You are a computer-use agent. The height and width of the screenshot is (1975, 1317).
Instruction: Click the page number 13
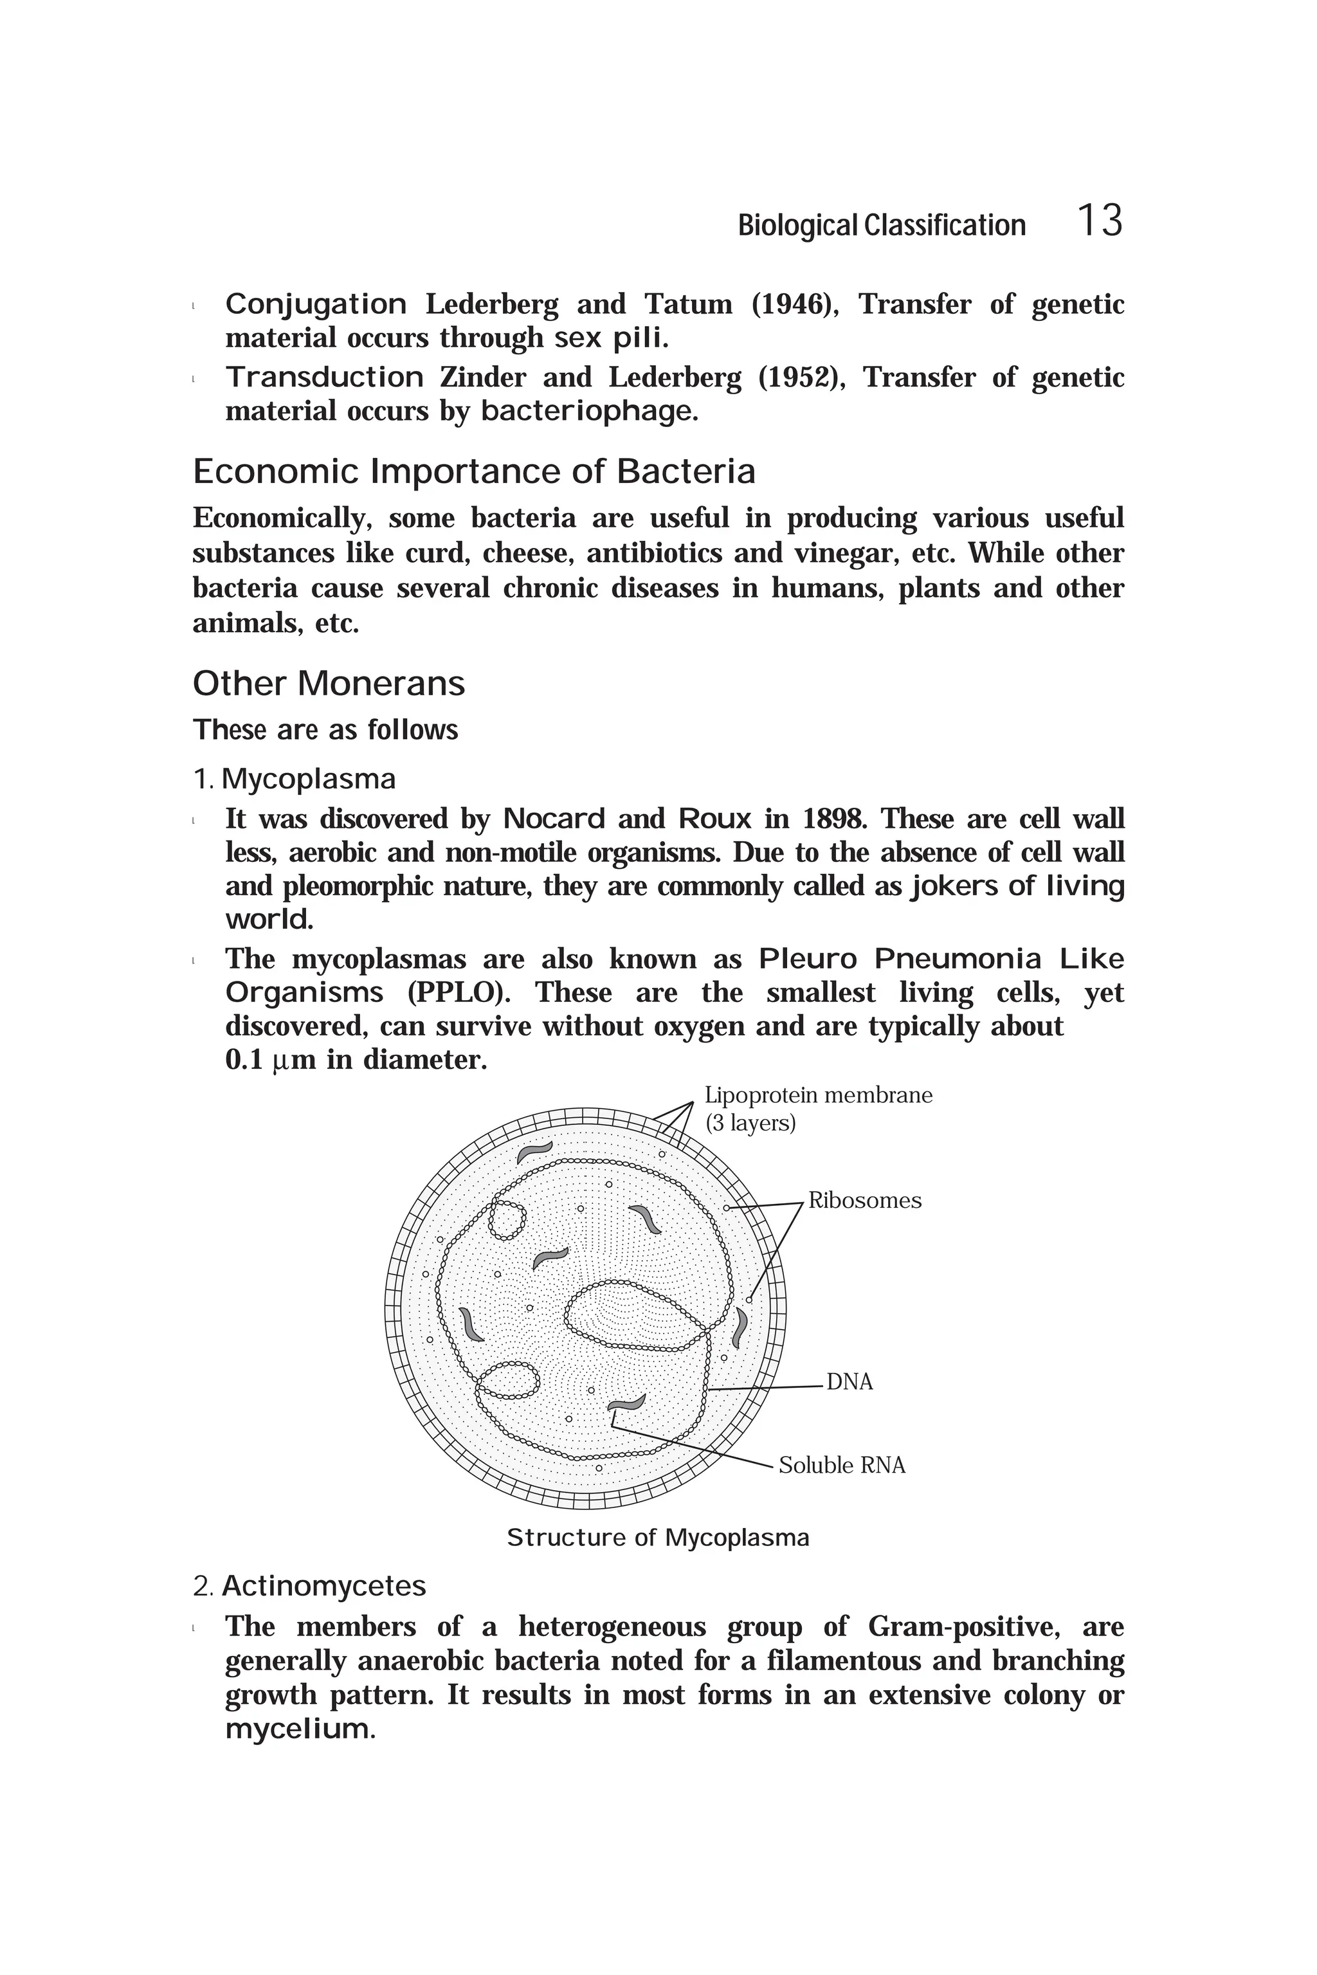tap(1098, 222)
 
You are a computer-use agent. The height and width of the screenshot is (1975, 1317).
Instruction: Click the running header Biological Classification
tap(881, 225)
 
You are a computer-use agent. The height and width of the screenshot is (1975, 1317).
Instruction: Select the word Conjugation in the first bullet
tap(316, 304)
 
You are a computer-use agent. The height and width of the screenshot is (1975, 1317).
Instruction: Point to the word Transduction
tap(324, 378)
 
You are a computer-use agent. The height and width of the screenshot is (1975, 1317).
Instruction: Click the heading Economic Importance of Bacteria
tap(474, 471)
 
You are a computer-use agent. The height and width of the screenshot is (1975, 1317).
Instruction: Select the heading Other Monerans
tap(329, 683)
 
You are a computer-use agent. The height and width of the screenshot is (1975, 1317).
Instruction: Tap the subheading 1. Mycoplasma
tap(294, 779)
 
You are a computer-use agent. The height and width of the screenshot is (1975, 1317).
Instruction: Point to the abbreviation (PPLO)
tap(459, 993)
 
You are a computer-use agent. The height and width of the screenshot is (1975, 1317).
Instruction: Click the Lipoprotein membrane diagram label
tap(818, 1095)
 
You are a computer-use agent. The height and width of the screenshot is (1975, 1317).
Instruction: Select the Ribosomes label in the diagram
tap(864, 1201)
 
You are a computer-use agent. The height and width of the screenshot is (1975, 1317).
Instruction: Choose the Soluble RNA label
tap(842, 1465)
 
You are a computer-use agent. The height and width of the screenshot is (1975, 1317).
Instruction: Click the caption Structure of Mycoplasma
tap(658, 1538)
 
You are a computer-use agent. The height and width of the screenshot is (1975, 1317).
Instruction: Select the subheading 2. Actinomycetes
tap(309, 1586)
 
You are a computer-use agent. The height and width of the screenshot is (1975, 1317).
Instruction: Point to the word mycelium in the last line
tap(297, 1730)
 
